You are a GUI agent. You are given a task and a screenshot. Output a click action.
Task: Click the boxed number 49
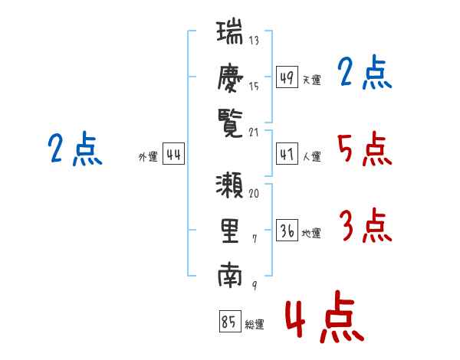(x=287, y=77)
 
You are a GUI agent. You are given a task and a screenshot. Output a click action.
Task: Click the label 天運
(x=311, y=80)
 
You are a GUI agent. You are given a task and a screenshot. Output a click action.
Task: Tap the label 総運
(x=255, y=325)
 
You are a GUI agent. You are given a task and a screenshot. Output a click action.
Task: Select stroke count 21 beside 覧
(x=255, y=132)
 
